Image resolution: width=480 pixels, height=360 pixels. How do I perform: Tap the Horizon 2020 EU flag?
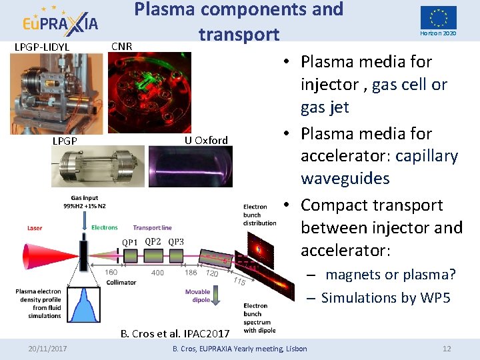pos(438,17)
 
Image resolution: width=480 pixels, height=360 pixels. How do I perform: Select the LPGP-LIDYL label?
pos(43,47)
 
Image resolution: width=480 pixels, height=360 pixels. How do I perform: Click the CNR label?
pos(121,46)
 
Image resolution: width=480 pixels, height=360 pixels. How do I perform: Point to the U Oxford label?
pos(206,140)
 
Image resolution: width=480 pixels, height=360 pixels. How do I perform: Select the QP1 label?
pos(129,242)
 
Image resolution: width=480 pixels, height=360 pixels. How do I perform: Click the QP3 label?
pos(176,241)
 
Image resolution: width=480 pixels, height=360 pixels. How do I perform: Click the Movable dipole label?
pos(197,295)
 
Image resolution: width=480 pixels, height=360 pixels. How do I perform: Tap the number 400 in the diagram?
pos(157,273)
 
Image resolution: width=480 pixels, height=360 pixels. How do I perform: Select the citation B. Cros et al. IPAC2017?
pos(175,333)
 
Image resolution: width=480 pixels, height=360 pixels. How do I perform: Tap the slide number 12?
pos(447,349)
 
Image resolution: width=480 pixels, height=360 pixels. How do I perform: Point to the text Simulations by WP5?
pos(385,297)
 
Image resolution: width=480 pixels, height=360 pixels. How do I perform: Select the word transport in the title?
pos(238,34)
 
